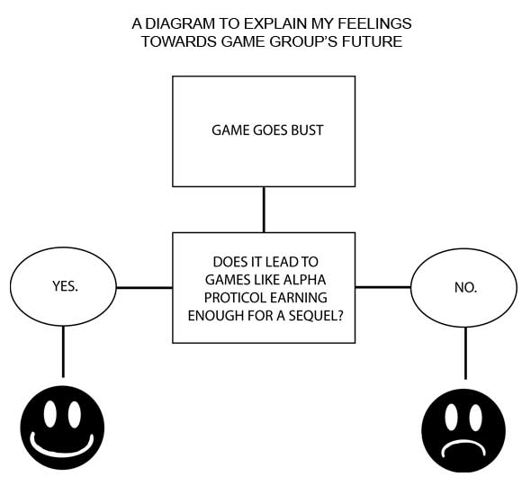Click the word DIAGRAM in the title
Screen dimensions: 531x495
pyautogui.click(x=180, y=23)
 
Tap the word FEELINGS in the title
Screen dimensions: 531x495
pyautogui.click(x=375, y=23)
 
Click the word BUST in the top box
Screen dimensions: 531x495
pyautogui.click(x=307, y=130)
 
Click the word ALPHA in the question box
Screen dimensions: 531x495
pyautogui.click(x=304, y=280)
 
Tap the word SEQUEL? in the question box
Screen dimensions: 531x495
pyautogui.click(x=316, y=316)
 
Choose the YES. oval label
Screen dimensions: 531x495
pyautogui.click(x=65, y=286)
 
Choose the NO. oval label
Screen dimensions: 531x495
pyautogui.click(x=465, y=288)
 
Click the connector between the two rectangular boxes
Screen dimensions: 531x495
pyautogui.click(x=264, y=210)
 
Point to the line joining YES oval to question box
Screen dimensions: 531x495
pyautogui.click(x=144, y=288)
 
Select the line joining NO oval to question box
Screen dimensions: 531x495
pyautogui.click(x=383, y=287)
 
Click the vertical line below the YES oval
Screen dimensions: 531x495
pyautogui.click(x=63, y=351)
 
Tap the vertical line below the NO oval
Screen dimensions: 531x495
pyautogui.click(x=465, y=353)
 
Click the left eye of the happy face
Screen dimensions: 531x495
pyautogui.click(x=50, y=414)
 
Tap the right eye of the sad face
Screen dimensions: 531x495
pyautogui.click(x=475, y=418)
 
